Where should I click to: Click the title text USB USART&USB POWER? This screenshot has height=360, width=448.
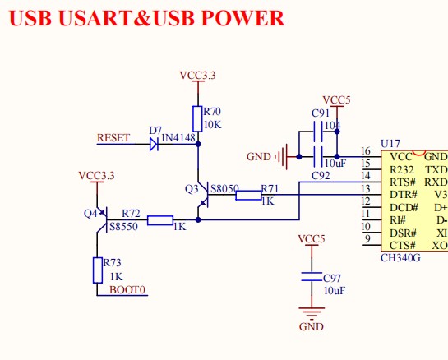coord(147,18)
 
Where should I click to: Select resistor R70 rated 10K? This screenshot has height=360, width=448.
coord(197,117)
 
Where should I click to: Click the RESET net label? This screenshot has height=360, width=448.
coord(113,138)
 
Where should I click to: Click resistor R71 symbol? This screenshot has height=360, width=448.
coord(248,196)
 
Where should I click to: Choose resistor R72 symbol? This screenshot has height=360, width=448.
coord(160,220)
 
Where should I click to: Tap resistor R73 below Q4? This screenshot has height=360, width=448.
coord(97,268)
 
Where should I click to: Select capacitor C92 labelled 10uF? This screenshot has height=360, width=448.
coord(315,155)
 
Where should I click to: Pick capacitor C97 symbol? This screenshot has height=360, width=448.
coord(311,277)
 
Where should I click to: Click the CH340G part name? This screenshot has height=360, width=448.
coord(400,258)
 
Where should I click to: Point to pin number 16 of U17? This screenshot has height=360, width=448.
coord(366,151)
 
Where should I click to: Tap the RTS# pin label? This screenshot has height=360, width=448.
coord(401,182)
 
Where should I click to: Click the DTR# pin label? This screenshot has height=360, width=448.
coord(401,194)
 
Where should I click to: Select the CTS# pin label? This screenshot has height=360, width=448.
coord(401,245)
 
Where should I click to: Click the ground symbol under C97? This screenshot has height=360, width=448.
coord(311,312)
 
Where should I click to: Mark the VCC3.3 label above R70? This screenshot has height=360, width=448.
coord(197,76)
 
